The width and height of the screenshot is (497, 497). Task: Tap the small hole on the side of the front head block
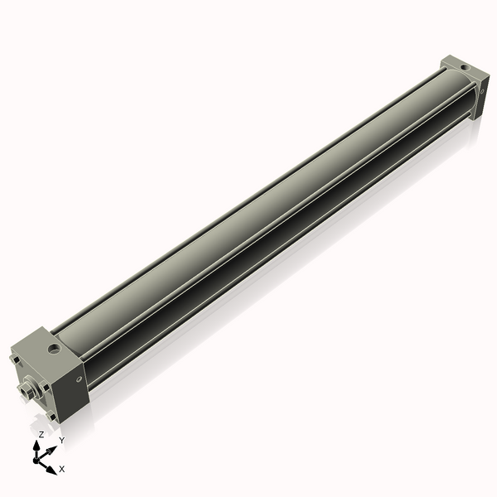pos(80,380)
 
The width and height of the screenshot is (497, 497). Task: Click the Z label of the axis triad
pos(41,434)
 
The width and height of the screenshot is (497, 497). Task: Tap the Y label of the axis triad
pos(61,441)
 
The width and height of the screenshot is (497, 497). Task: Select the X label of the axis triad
pos(62,469)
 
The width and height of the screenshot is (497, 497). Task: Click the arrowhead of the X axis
pos(52,466)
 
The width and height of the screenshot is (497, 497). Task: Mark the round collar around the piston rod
pos(31,388)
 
